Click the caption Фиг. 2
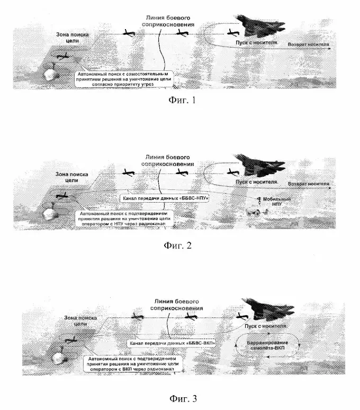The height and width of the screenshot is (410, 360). tap(181, 245)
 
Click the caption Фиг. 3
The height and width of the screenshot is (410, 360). tap(181, 397)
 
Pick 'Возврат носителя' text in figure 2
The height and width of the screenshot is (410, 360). tap(309, 184)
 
